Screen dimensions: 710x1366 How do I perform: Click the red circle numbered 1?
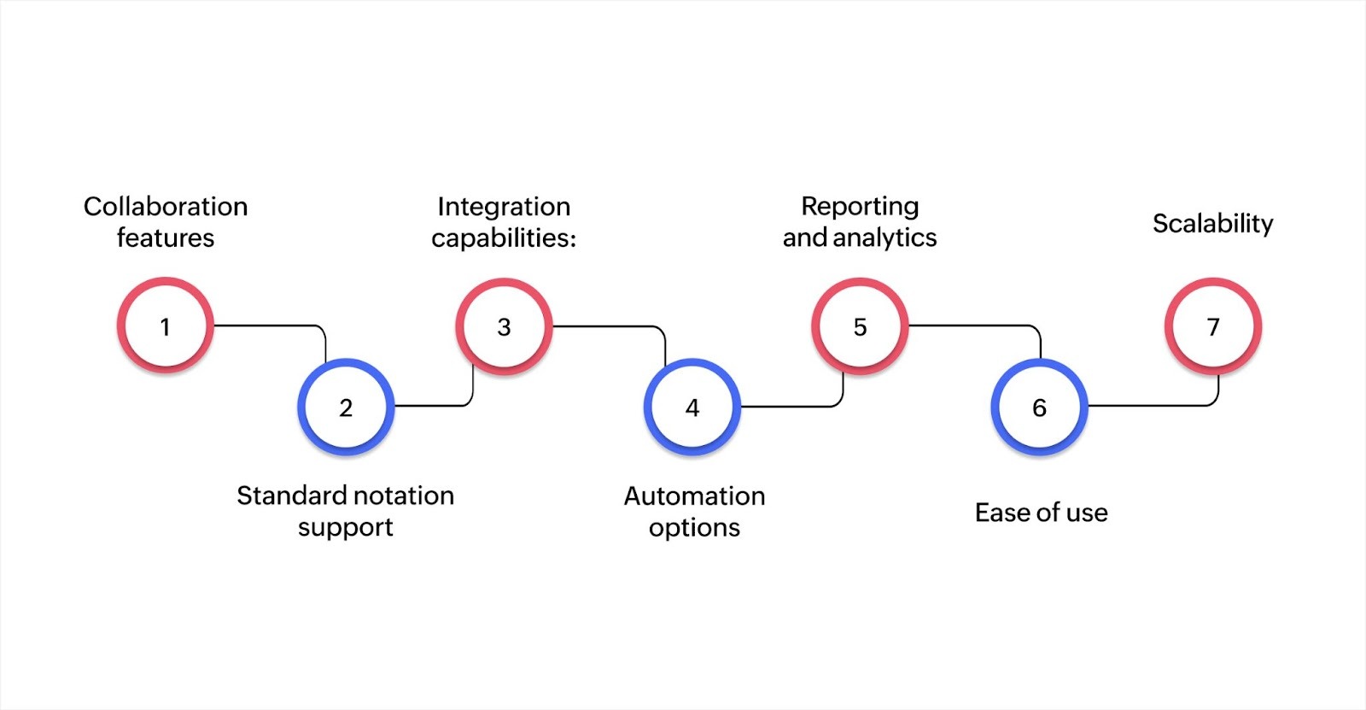[165, 326]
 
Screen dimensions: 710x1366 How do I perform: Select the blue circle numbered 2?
[346, 407]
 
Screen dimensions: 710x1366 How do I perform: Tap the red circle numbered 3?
[504, 326]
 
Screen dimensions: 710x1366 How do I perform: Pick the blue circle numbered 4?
[692, 407]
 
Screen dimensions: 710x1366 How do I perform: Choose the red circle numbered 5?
[860, 326]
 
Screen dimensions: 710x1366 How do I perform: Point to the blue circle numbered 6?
[1039, 407]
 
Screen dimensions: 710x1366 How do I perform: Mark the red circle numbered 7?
[1213, 326]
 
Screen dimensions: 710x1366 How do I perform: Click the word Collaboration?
[166, 206]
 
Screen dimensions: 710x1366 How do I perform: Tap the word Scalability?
[1212, 223]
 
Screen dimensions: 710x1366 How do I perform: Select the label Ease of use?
[1041, 513]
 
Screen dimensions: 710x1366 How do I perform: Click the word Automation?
[694, 496]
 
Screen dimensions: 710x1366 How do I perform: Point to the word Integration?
[504, 206]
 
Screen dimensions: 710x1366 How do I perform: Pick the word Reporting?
[860, 206]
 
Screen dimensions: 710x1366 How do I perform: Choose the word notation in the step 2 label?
[402, 496]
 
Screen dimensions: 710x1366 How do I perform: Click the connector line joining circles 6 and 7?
[1153, 405]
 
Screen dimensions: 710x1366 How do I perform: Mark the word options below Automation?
[694, 528]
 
